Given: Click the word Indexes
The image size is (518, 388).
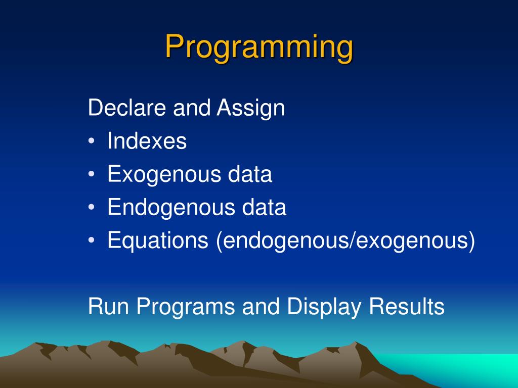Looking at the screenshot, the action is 147,141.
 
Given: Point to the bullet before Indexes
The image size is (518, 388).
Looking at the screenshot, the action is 92,141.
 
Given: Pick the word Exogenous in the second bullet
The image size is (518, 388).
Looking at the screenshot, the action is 164,175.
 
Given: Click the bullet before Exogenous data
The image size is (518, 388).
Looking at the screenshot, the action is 92,174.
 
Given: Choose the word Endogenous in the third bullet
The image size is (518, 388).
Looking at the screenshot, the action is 171,208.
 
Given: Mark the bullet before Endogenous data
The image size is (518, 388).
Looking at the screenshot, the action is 92,207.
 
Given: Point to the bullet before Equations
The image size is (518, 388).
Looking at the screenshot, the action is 92,240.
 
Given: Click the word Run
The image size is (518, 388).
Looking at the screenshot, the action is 108,306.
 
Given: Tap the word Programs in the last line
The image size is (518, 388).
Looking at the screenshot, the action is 186,307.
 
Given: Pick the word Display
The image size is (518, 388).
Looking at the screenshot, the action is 324,307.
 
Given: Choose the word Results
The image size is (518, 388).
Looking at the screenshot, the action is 407,306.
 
